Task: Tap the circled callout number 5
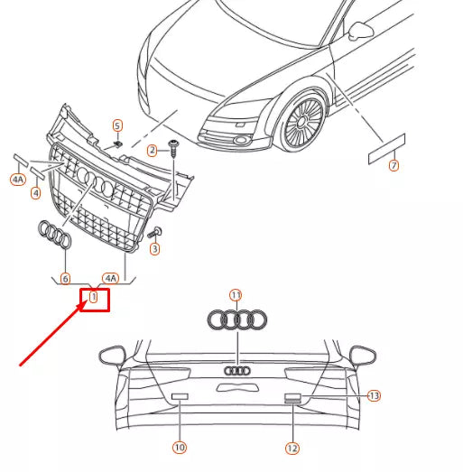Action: (x=116, y=125)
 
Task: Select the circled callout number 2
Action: (x=152, y=149)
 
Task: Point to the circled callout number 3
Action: (x=154, y=248)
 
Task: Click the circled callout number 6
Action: (x=65, y=279)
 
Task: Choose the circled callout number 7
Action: (x=393, y=166)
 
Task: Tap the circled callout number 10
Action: (x=180, y=447)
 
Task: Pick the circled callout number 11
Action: (x=236, y=295)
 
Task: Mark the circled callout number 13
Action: (x=375, y=395)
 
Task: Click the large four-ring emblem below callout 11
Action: (x=236, y=319)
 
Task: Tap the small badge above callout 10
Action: (x=179, y=396)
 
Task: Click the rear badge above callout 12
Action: (x=292, y=397)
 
